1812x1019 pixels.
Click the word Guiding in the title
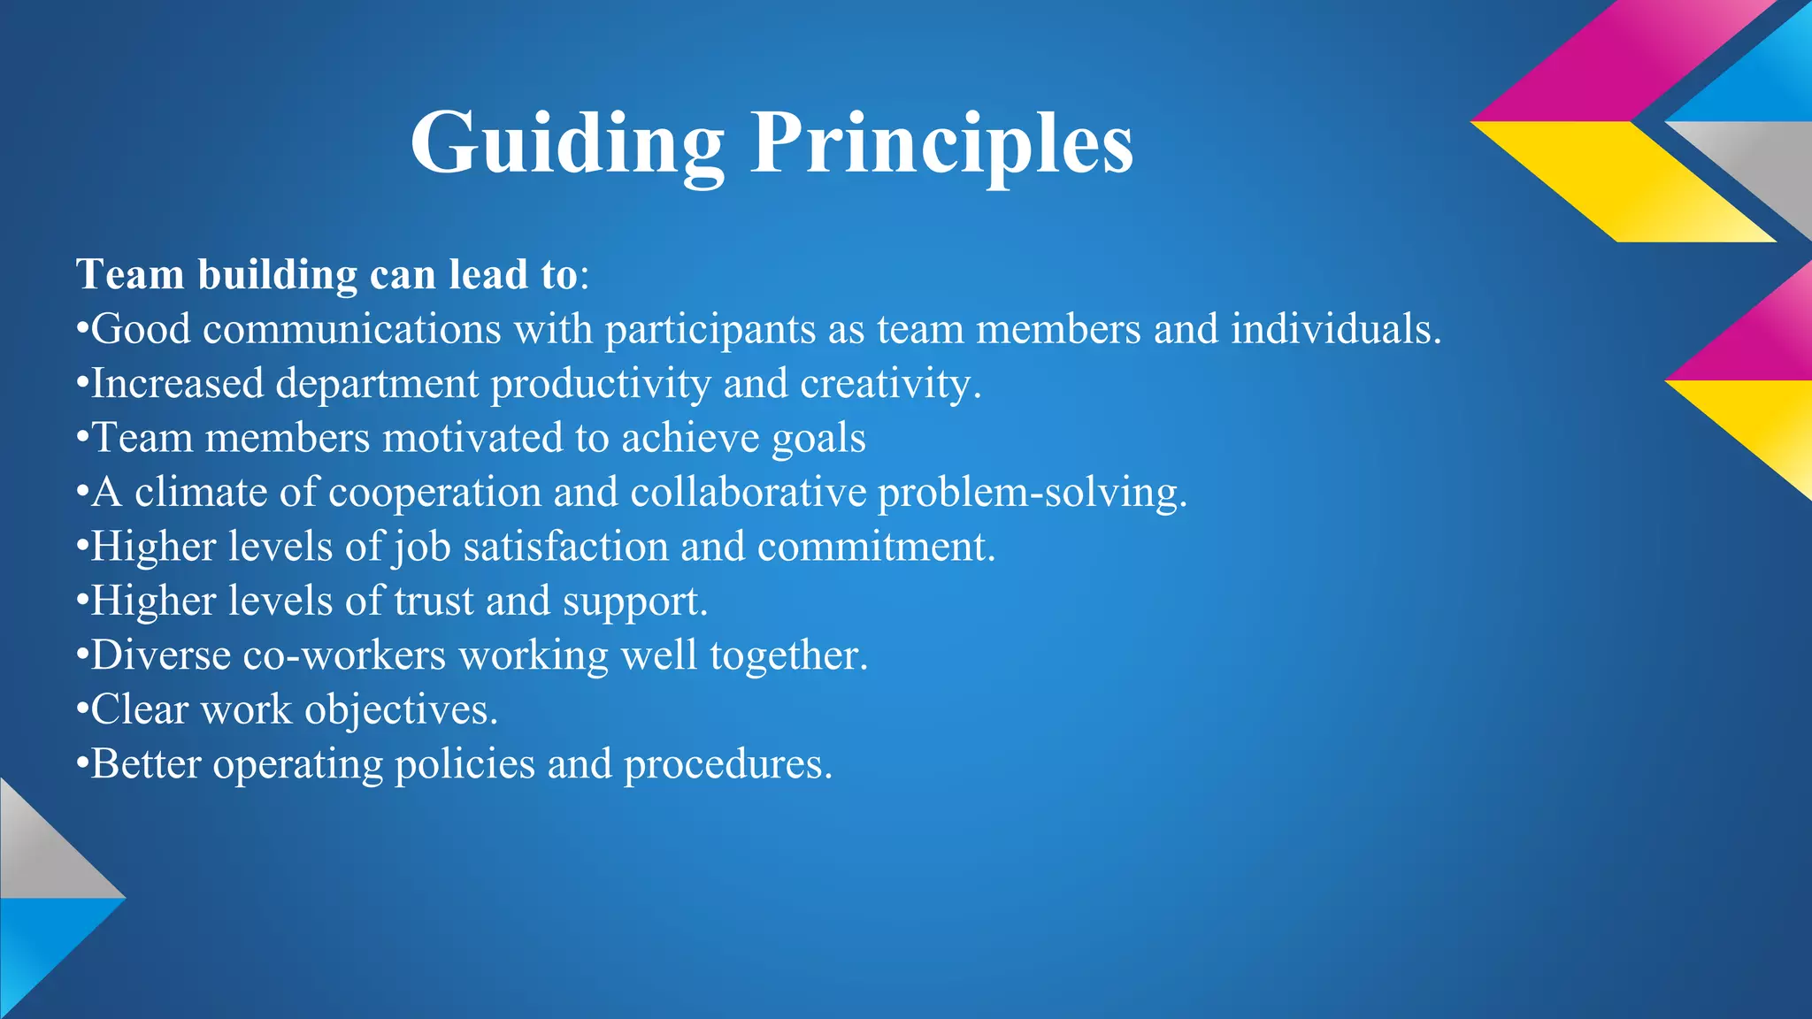[567, 143]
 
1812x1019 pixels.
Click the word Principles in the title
[941, 143]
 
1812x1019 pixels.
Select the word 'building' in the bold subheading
[278, 274]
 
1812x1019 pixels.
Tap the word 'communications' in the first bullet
[352, 329]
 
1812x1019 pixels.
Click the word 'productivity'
[601, 384]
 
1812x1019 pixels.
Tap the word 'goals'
[818, 438]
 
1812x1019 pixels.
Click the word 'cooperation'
[434, 492]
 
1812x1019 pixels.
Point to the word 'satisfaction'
[565, 547]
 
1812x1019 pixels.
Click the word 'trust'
[434, 601]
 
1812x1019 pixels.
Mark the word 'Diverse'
[161, 655]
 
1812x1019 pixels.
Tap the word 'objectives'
[401, 709]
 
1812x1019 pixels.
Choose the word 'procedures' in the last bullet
[727, 764]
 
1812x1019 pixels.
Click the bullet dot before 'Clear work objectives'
[82, 709]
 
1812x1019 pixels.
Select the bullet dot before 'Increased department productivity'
[82, 384]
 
